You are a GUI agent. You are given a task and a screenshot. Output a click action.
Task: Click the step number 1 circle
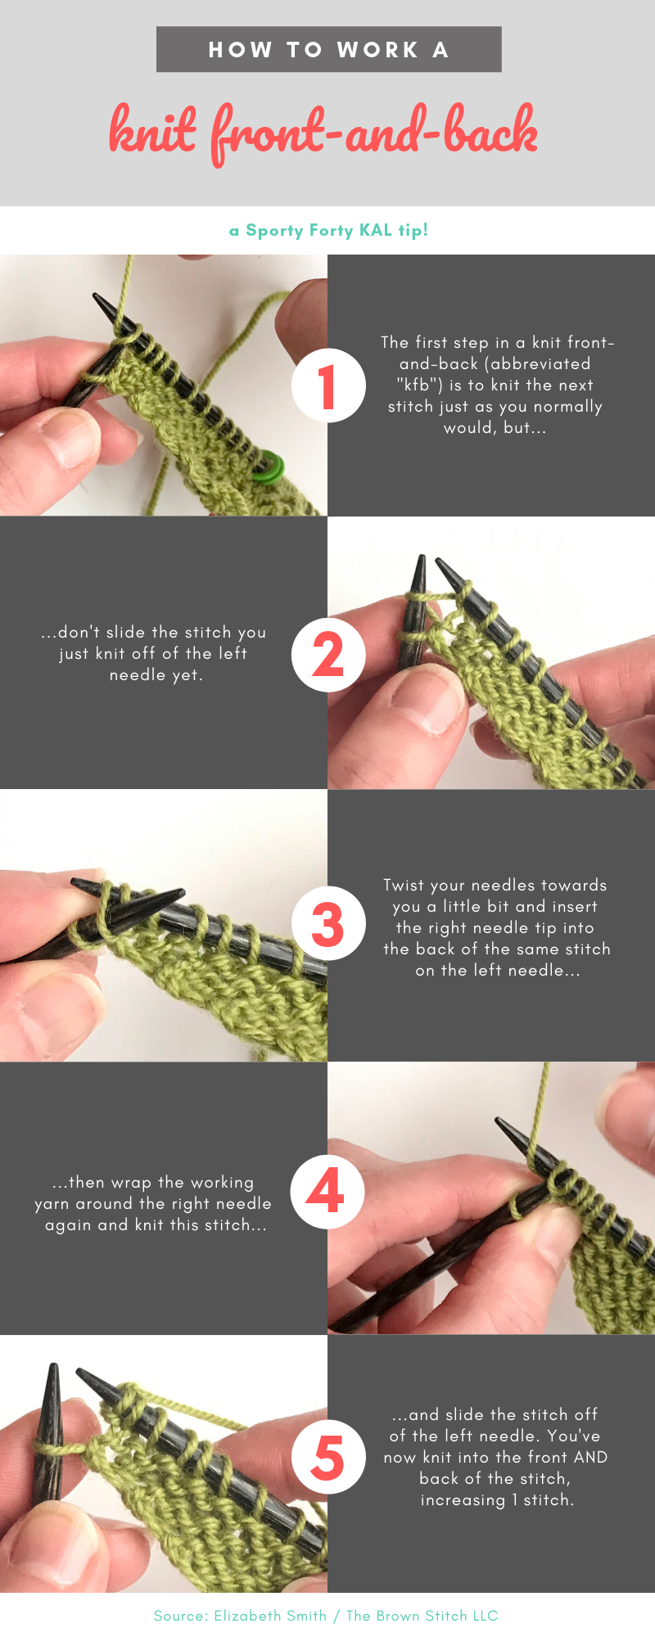pyautogui.click(x=328, y=386)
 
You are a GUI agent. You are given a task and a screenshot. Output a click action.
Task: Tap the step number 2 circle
pyautogui.click(x=328, y=655)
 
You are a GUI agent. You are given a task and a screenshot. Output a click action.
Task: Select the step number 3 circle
pyautogui.click(x=328, y=924)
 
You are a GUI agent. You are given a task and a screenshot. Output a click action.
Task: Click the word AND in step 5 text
pyautogui.click(x=591, y=1457)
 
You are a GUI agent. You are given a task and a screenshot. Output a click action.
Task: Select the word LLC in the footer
pyautogui.click(x=484, y=1616)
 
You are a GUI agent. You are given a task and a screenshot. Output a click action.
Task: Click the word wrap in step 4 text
pyautogui.click(x=132, y=1183)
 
